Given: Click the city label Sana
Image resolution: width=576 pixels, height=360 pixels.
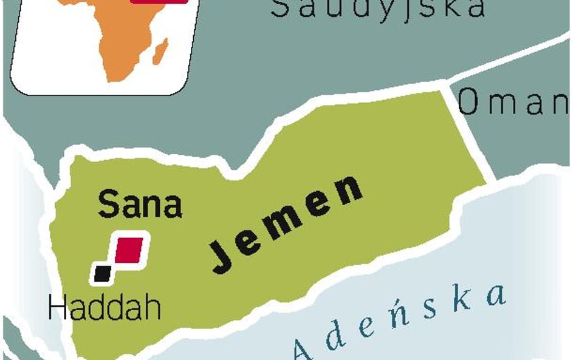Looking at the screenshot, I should coord(140,205).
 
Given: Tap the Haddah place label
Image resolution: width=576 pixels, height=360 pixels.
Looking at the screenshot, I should coord(105,308).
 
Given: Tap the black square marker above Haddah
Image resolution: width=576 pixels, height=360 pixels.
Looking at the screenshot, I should coord(102,273).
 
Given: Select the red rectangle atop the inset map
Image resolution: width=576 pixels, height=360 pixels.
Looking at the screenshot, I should coord(159,2).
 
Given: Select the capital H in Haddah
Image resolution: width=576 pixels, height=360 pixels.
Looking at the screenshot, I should coord(57,308).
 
